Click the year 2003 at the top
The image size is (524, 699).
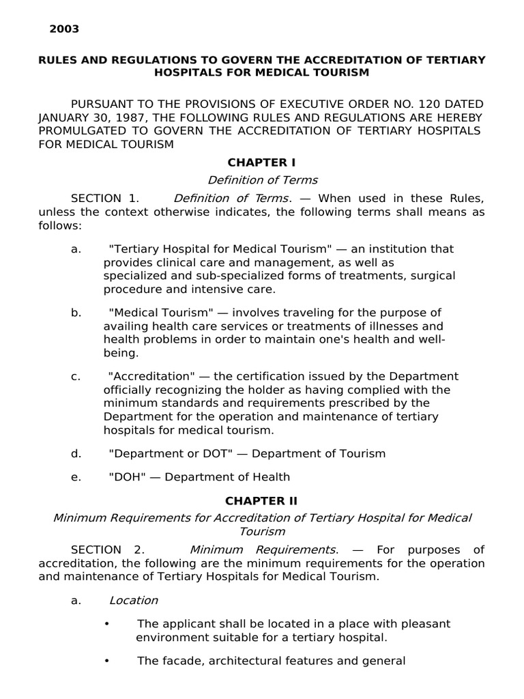tap(64, 29)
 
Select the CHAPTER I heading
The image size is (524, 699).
tap(262, 162)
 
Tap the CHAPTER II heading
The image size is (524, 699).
tap(262, 500)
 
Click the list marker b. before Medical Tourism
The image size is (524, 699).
tap(76, 313)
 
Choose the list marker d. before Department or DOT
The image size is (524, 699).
tap(76, 453)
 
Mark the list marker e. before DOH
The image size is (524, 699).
tap(76, 477)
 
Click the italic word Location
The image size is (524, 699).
tap(134, 601)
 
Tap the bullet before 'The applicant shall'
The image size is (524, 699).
tap(107, 625)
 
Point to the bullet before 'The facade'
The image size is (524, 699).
tap(107, 661)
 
